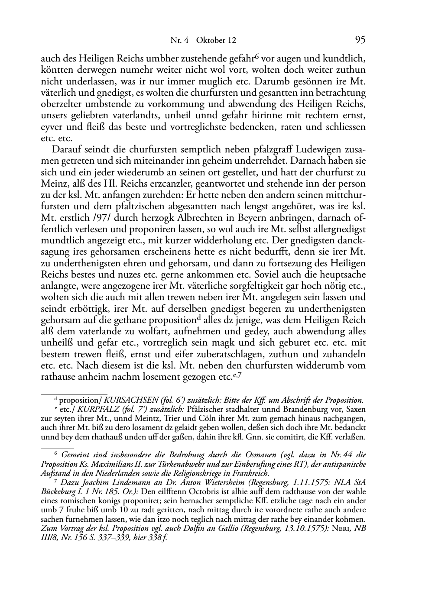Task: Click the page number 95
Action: (x=360, y=40)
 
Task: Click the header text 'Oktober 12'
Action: (x=216, y=41)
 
